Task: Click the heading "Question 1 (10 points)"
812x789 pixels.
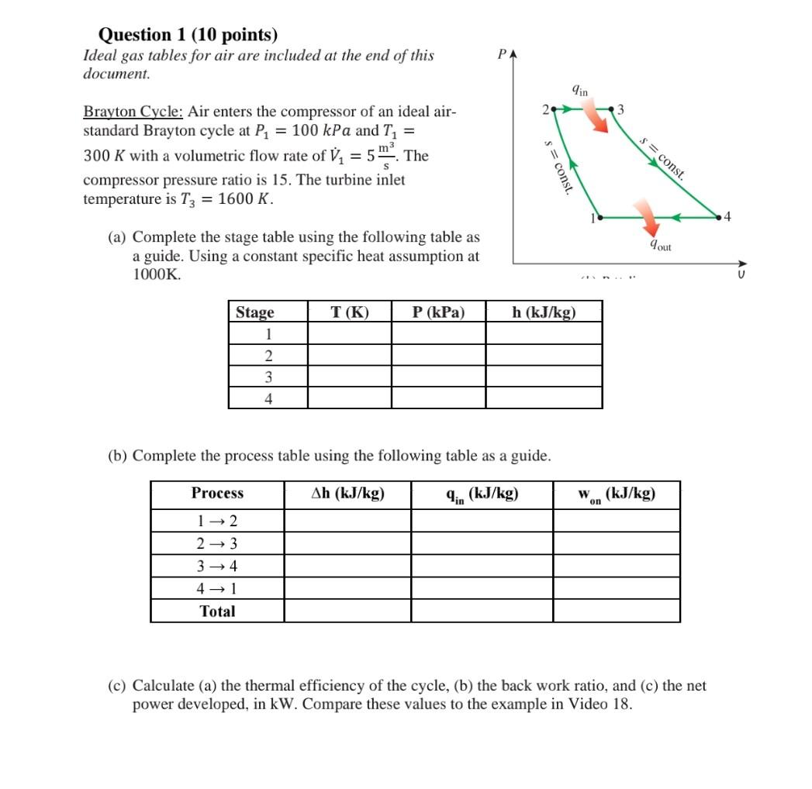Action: pyautogui.click(x=188, y=35)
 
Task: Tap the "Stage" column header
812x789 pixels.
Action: pyautogui.click(x=255, y=312)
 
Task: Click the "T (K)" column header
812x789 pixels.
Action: pyautogui.click(x=350, y=312)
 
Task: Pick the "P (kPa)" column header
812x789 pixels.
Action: pyautogui.click(x=439, y=312)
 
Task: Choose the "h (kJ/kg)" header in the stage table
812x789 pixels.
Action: pyautogui.click(x=544, y=312)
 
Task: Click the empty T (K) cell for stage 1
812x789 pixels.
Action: pyautogui.click(x=350, y=334)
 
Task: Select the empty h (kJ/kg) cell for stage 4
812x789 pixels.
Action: pyautogui.click(x=544, y=399)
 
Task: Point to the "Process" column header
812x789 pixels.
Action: pyautogui.click(x=217, y=494)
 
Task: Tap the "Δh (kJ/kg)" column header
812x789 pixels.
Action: pyautogui.click(x=347, y=494)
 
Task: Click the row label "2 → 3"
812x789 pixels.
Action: pyautogui.click(x=217, y=543)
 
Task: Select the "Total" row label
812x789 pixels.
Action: pyautogui.click(x=217, y=612)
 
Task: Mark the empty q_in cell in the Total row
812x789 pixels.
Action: pyautogui.click(x=482, y=612)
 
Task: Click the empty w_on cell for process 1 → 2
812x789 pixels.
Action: pyautogui.click(x=617, y=521)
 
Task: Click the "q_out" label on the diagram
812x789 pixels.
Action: pyautogui.click(x=661, y=246)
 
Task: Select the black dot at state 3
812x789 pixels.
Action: pyautogui.click(x=611, y=109)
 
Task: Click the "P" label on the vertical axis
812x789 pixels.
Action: pyautogui.click(x=503, y=55)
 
